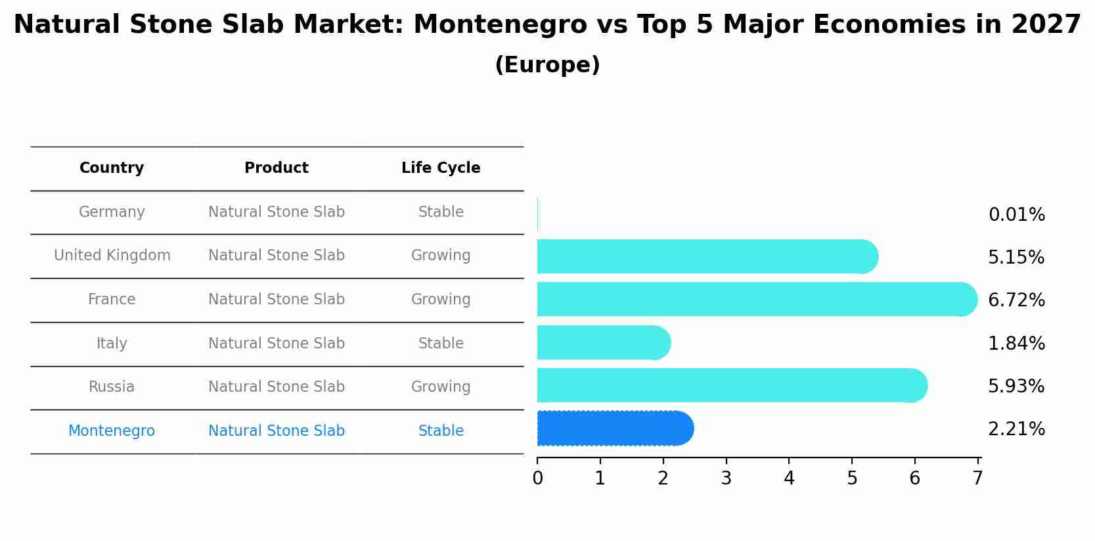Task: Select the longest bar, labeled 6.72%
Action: point(755,299)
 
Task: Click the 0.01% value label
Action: point(1016,215)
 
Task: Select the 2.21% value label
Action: point(1016,429)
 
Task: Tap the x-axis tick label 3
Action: point(726,479)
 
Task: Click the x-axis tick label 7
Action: point(977,479)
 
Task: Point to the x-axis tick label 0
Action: point(537,479)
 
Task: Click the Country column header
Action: point(112,168)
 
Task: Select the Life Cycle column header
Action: point(441,168)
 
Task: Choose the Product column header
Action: point(277,168)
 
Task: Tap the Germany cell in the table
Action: point(112,212)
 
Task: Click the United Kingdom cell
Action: point(112,256)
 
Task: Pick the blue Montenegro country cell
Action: point(112,431)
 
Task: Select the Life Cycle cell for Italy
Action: point(441,344)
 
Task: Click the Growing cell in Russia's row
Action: point(441,387)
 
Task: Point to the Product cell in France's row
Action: point(277,300)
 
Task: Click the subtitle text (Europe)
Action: point(547,65)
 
